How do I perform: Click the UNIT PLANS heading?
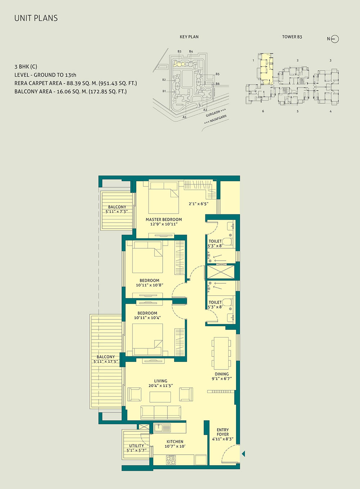[36, 18]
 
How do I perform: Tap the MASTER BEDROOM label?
[164, 219]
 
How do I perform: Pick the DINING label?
[222, 374]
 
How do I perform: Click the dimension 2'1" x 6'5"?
[199, 204]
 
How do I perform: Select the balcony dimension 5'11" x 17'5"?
[106, 362]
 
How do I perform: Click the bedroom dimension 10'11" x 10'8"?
[149, 285]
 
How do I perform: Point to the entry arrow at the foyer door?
[243, 454]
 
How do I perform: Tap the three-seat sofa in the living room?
[161, 413]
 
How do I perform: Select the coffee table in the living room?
[160, 397]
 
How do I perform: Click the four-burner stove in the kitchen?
[171, 460]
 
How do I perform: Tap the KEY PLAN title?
[189, 37]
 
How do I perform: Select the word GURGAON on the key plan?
[213, 113]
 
